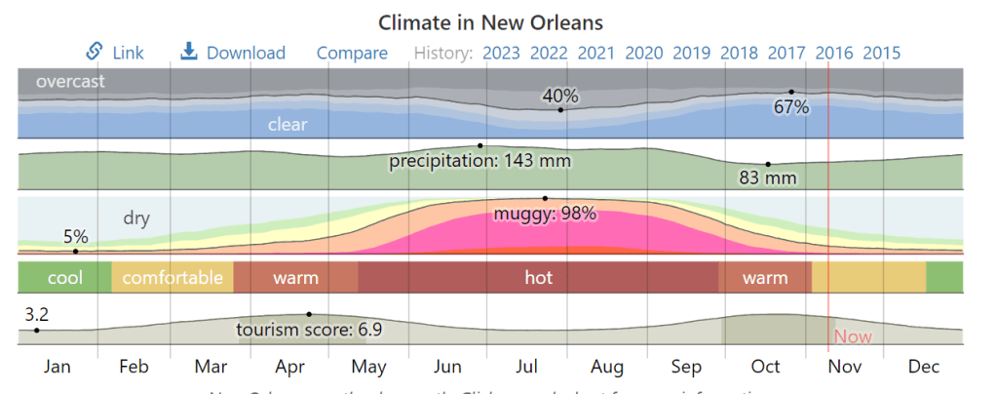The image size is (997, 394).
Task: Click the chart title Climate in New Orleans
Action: tap(490, 21)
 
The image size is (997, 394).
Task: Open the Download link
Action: tap(234, 53)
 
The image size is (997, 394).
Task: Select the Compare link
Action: tap(352, 53)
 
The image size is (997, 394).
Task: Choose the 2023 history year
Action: tap(501, 53)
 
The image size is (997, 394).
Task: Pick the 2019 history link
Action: tap(691, 53)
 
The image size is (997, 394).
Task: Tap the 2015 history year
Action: tap(881, 53)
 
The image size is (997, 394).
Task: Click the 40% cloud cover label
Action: tap(560, 96)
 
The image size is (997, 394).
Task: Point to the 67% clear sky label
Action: tap(791, 107)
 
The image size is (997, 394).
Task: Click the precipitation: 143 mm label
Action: tap(479, 161)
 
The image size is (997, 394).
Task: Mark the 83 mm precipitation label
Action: tap(768, 177)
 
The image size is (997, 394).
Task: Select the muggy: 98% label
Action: tap(545, 214)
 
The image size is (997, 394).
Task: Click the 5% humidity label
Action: tap(76, 236)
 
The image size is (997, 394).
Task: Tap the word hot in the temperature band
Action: tap(538, 278)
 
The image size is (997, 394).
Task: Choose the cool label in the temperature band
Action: tap(65, 278)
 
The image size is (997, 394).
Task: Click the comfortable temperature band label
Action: tap(173, 278)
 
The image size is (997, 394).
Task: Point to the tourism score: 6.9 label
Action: tap(309, 330)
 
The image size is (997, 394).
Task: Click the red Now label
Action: tap(853, 337)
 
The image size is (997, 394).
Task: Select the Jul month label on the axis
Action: tap(526, 367)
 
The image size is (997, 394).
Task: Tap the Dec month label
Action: tap(923, 367)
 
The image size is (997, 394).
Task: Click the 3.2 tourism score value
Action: tap(36, 314)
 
